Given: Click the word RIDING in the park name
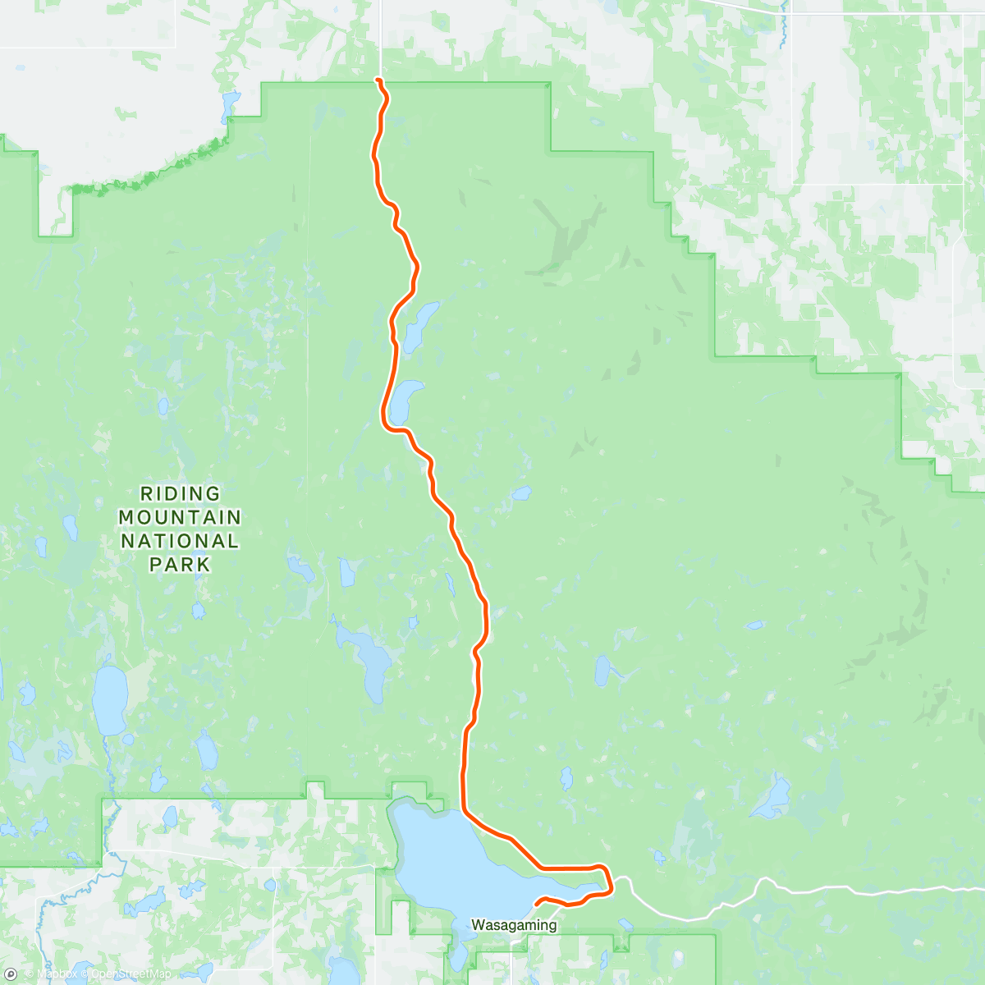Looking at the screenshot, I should pyautogui.click(x=181, y=494).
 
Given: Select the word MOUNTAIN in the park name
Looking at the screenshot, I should pyautogui.click(x=181, y=518).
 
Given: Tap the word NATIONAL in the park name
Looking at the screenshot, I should pyautogui.click(x=181, y=541).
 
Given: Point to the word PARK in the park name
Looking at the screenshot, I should pyautogui.click(x=181, y=565).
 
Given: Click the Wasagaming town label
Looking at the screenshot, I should pyautogui.click(x=514, y=925).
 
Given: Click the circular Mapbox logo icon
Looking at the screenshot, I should pyautogui.click(x=11, y=974).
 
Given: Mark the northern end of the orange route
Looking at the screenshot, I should pyautogui.click(x=378, y=80).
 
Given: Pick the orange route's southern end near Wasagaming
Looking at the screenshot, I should pyautogui.click(x=537, y=904).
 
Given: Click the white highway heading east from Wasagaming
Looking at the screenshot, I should pyautogui.click(x=821, y=890).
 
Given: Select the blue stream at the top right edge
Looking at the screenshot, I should pyautogui.click(x=785, y=25).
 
